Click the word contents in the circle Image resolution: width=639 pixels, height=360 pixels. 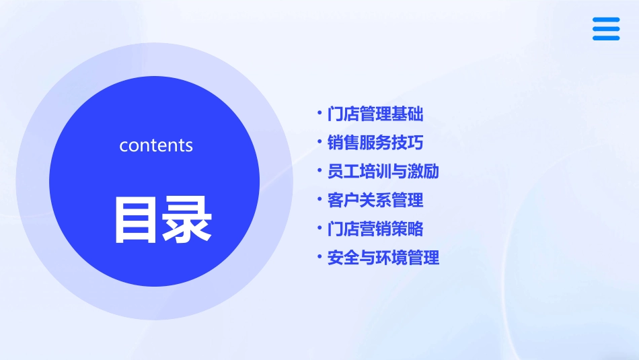click(x=156, y=145)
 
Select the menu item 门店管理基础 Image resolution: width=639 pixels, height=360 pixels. click(x=375, y=114)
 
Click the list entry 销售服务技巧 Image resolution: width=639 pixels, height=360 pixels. click(x=375, y=143)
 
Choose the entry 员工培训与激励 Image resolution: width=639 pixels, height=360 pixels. click(x=383, y=172)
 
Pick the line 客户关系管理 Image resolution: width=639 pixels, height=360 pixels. click(x=375, y=200)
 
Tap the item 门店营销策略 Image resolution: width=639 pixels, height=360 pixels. click(x=375, y=229)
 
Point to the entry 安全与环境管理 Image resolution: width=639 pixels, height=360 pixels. click(x=383, y=258)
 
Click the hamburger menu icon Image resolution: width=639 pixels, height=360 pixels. click(x=606, y=29)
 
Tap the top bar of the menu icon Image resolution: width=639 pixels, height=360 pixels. click(x=606, y=20)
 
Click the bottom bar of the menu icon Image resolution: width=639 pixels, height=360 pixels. click(x=606, y=38)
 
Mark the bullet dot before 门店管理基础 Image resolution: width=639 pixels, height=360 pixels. click(x=319, y=113)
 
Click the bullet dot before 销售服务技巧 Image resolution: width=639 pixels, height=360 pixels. click(x=319, y=142)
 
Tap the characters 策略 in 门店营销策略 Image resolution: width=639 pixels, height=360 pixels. click(x=408, y=229)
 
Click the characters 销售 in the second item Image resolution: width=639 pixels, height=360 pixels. click(x=343, y=143)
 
